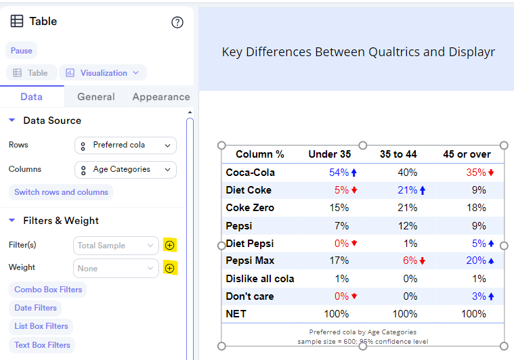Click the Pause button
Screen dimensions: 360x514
click(x=21, y=51)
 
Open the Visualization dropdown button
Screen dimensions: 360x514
click(x=103, y=73)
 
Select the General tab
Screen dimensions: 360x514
click(x=95, y=97)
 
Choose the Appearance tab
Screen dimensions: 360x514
click(x=160, y=97)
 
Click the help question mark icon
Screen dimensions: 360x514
click(x=177, y=22)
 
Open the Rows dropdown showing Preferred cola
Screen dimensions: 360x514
click(x=125, y=145)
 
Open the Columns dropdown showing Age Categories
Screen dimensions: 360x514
click(x=125, y=170)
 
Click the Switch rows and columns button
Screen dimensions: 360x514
click(x=61, y=192)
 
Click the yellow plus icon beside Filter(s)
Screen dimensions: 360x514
click(x=169, y=246)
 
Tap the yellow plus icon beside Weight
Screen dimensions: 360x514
click(x=169, y=269)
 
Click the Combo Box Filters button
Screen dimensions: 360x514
click(x=48, y=290)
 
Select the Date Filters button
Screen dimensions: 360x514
click(x=35, y=308)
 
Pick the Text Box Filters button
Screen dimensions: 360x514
click(x=42, y=345)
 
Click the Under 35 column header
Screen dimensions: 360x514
click(x=329, y=154)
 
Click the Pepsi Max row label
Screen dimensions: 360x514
click(x=249, y=261)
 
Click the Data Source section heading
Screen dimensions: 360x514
click(x=52, y=120)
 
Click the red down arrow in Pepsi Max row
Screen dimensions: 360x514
click(x=422, y=261)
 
